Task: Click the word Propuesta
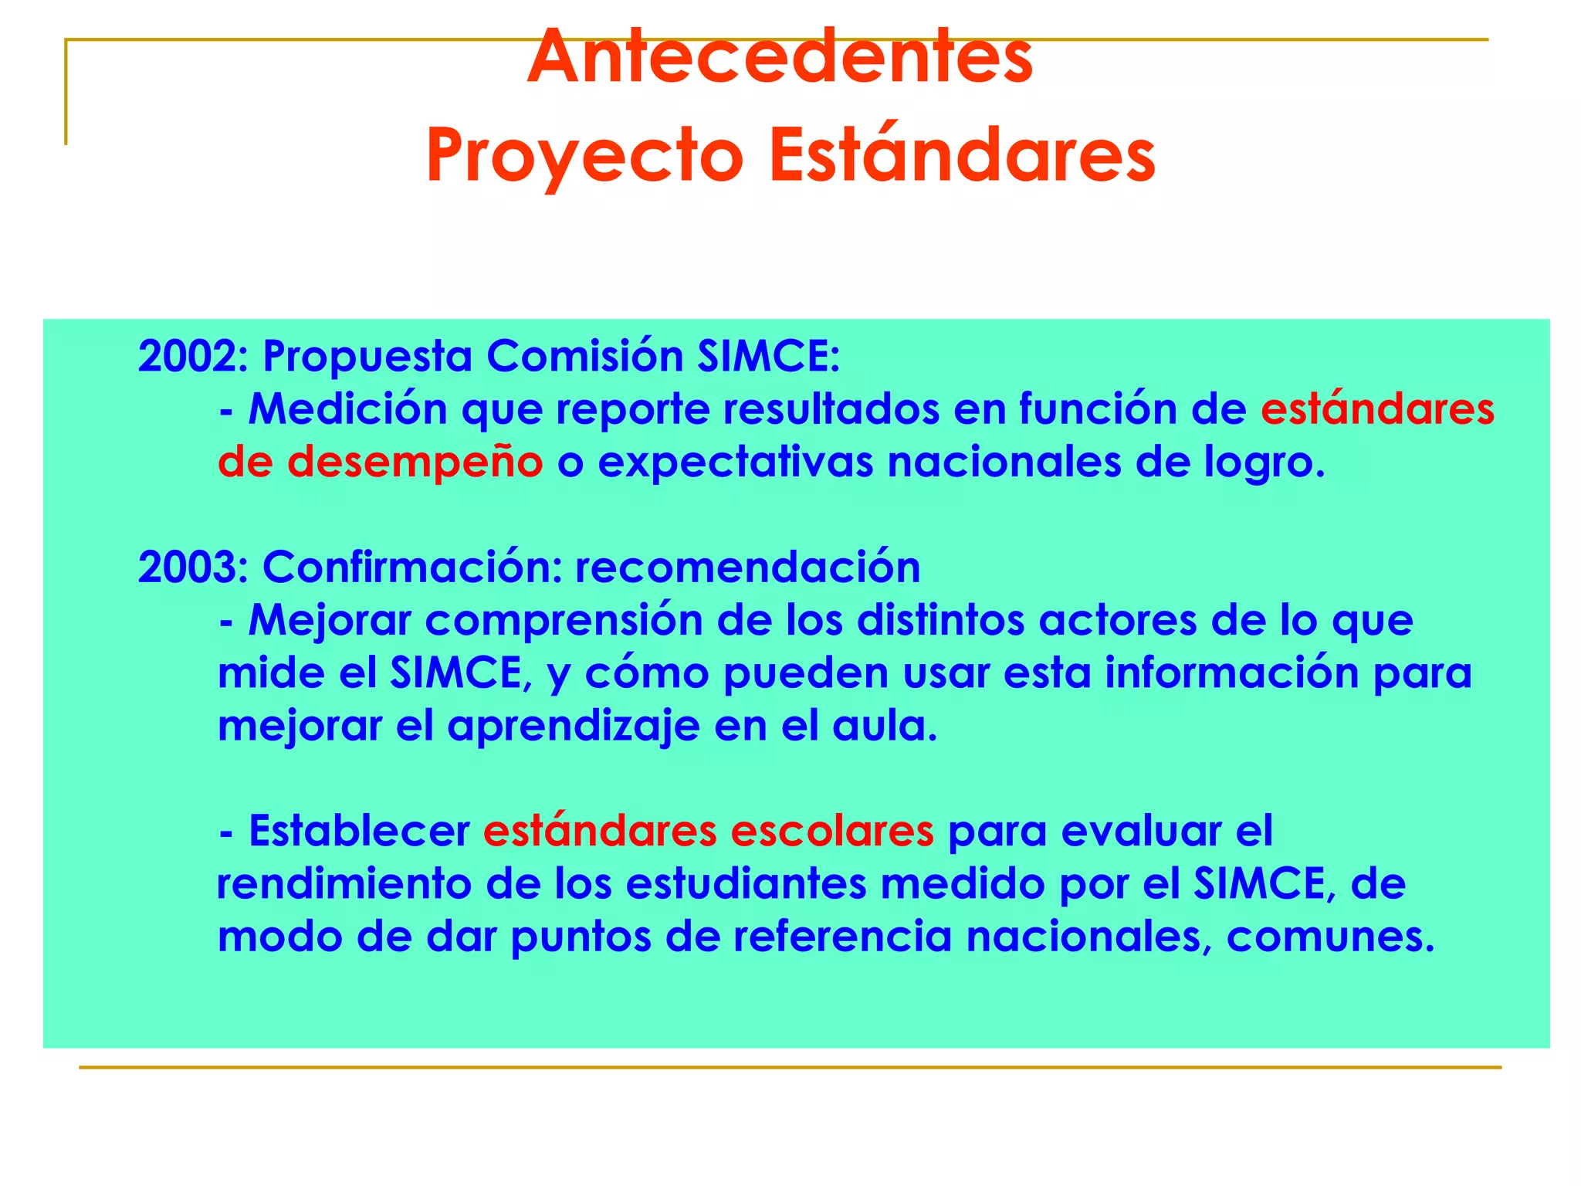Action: pyautogui.click(x=367, y=357)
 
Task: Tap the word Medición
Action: pyautogui.click(x=347, y=409)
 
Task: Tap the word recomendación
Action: pyautogui.click(x=747, y=568)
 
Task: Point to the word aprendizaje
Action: pyautogui.click(x=573, y=727)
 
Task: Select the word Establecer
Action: pyautogui.click(x=359, y=832)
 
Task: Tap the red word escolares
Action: pyautogui.click(x=831, y=832)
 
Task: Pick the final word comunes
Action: pyautogui.click(x=1329, y=937)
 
